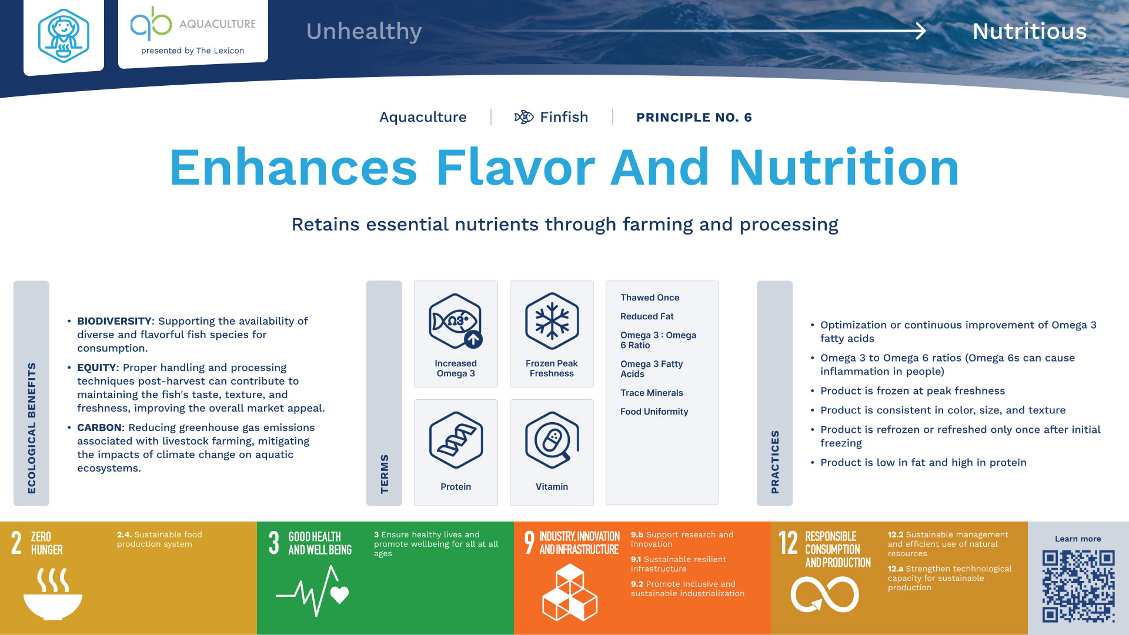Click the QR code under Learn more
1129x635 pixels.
coord(1078,586)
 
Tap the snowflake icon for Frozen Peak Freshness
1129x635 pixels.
coord(552,321)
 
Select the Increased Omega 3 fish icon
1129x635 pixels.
coord(456,321)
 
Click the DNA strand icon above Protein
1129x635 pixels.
coord(456,440)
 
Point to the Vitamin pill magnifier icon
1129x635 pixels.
coord(552,440)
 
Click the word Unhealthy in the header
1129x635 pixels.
coord(364,32)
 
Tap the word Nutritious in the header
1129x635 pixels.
coord(1030,31)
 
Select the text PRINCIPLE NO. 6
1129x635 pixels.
coord(694,118)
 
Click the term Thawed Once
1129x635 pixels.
coord(650,298)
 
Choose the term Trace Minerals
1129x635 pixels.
coord(652,393)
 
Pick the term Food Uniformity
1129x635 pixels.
coord(654,412)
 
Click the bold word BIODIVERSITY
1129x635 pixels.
coord(115,321)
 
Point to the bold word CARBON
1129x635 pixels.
coord(99,427)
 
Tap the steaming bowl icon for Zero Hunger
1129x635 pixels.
coord(53,594)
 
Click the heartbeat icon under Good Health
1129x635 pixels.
coord(313,591)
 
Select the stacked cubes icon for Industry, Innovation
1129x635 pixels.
coord(569,593)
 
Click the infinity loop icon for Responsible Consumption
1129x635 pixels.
coord(824,594)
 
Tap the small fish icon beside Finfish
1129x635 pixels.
coord(524,117)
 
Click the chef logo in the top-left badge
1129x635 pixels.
coord(64,36)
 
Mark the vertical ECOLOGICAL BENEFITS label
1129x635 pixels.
coord(32,428)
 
